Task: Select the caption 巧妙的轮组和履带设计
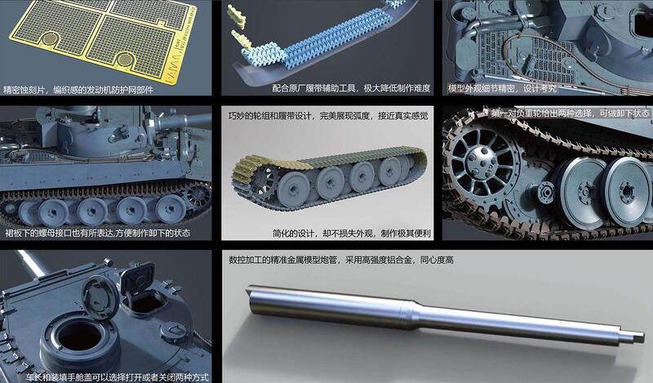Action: (327, 116)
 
